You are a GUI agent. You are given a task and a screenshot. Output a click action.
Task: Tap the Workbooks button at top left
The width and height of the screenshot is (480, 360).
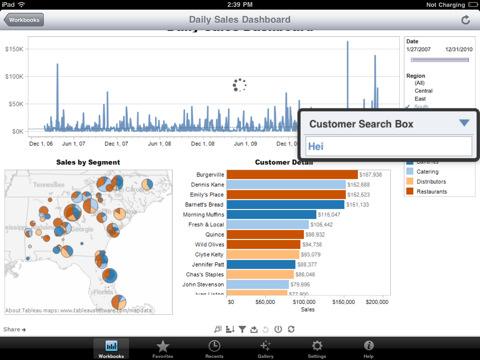click(26, 19)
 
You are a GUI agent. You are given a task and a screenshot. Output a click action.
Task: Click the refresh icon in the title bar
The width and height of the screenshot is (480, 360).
click(464, 19)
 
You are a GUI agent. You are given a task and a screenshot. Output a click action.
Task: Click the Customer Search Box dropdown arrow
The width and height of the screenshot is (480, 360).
click(463, 123)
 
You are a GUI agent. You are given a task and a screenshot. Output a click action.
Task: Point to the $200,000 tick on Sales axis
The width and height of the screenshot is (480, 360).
click(376, 300)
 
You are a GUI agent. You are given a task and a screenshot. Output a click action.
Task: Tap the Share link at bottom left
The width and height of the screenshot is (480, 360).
click(13, 328)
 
